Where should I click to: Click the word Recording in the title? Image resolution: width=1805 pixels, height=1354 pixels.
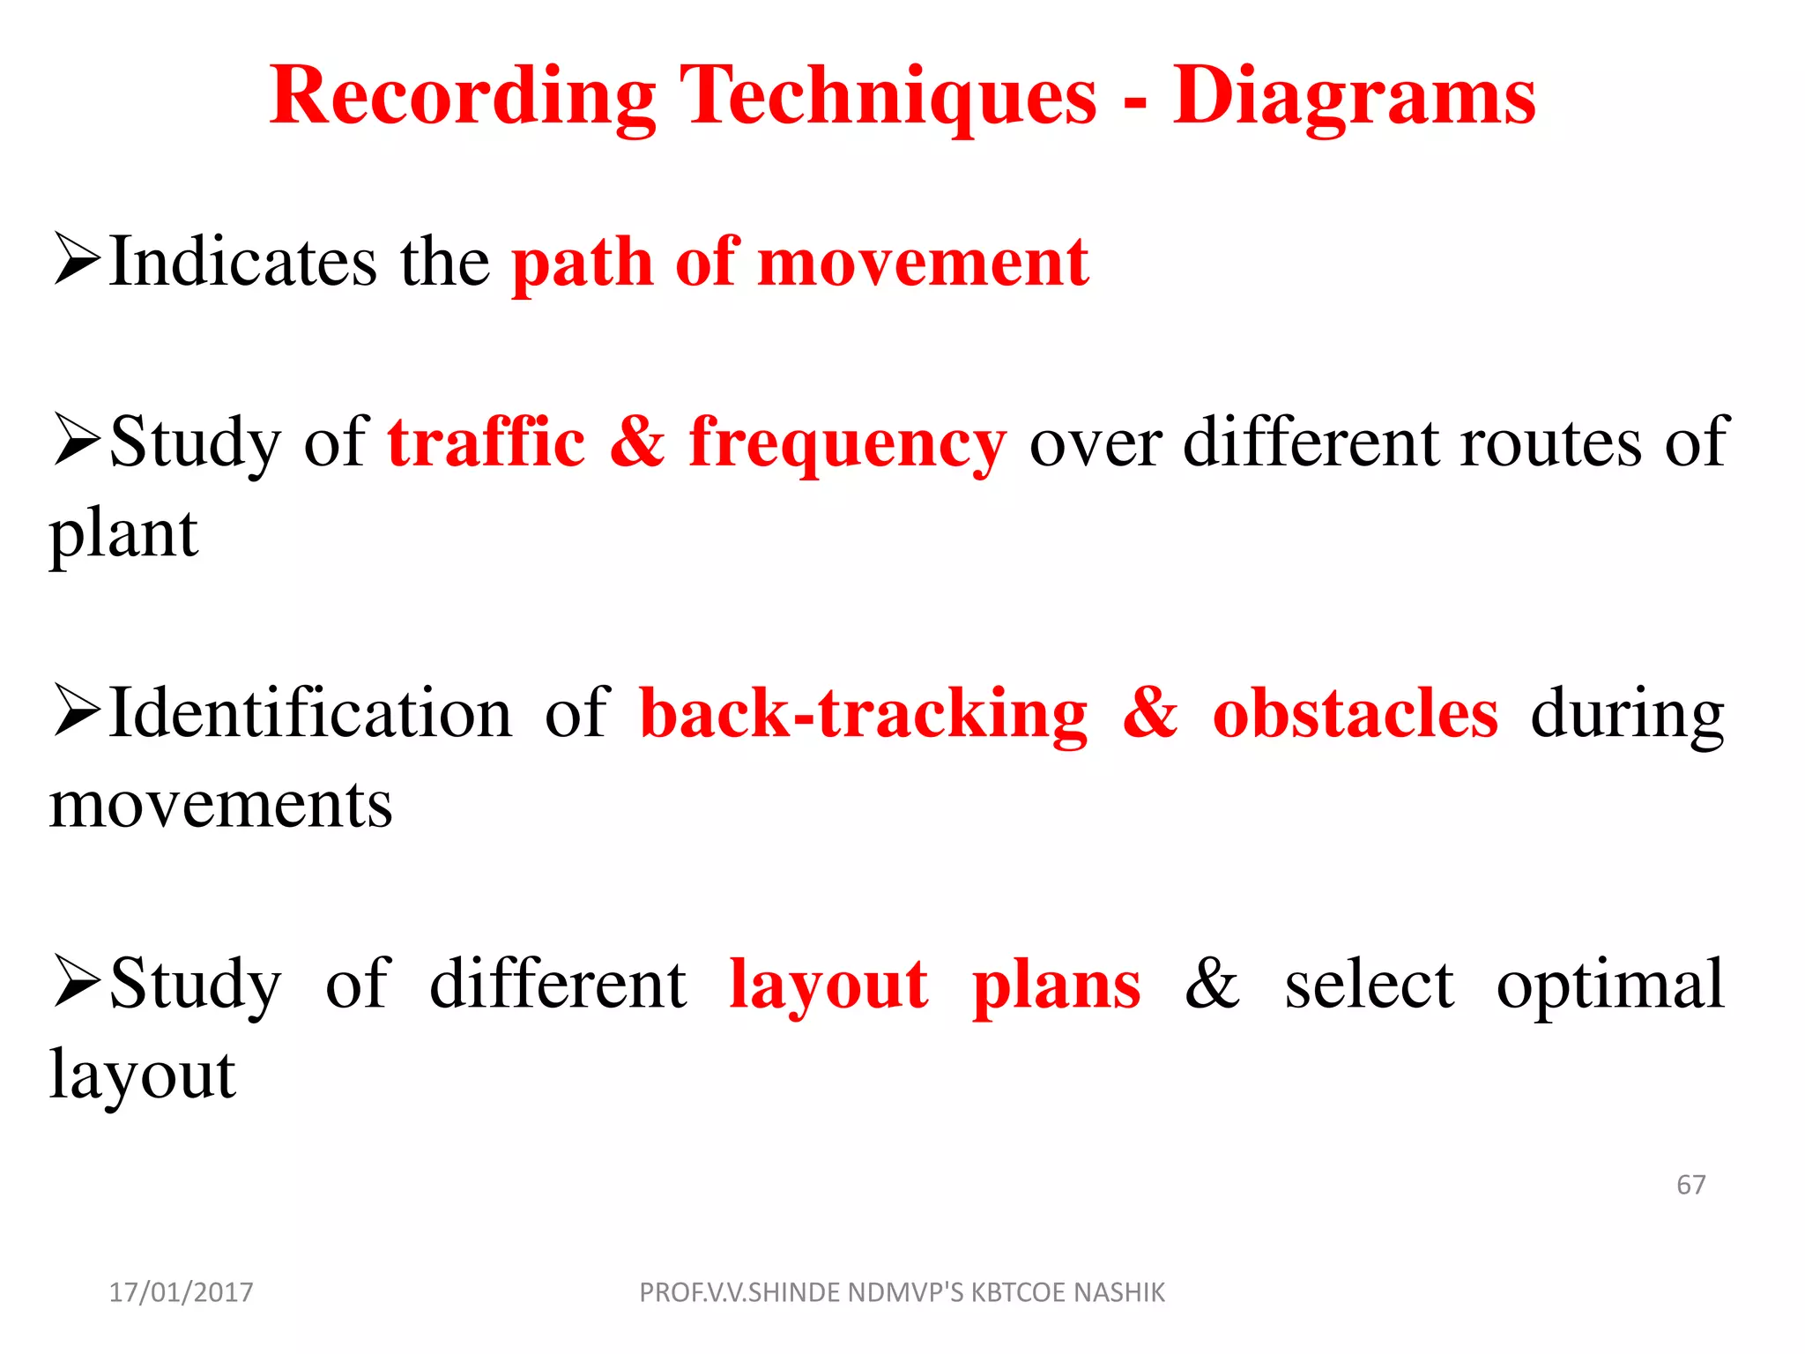(x=463, y=97)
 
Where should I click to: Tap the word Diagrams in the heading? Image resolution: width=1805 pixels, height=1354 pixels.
(x=1354, y=97)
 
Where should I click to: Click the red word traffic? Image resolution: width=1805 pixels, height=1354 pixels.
(x=487, y=442)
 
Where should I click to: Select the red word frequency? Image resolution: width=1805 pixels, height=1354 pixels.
(x=847, y=445)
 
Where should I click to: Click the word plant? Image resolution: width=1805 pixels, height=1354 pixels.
(x=123, y=536)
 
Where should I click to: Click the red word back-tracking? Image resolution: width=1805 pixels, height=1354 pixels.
(x=864, y=714)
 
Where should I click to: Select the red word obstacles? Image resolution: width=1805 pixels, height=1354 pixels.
(x=1355, y=714)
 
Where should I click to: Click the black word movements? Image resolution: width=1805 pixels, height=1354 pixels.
(x=220, y=805)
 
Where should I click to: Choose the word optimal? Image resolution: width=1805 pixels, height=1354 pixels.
(x=1610, y=986)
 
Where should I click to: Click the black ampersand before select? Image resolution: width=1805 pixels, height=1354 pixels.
(x=1212, y=983)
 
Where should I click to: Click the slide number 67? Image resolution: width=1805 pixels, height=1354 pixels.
(x=1690, y=1185)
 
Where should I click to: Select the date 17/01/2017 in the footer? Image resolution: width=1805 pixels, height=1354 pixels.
(x=181, y=1292)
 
